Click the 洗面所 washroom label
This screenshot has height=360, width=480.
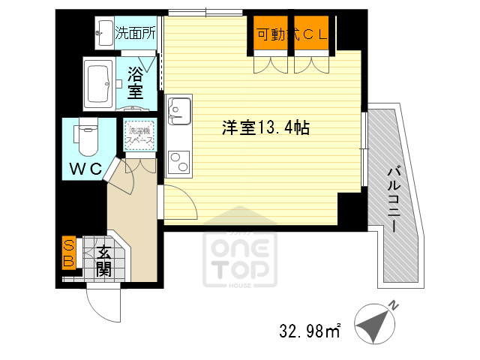tap(135, 33)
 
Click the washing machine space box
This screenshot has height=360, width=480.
tap(139, 135)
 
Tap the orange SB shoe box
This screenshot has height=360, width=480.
tap(67, 253)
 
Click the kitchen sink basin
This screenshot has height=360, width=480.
tap(179, 110)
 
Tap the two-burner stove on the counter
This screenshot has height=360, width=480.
tap(179, 160)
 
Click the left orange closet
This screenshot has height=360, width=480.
tap(271, 34)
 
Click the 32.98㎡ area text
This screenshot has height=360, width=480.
tap(310, 329)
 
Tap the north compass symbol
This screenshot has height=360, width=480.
tap(373, 325)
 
